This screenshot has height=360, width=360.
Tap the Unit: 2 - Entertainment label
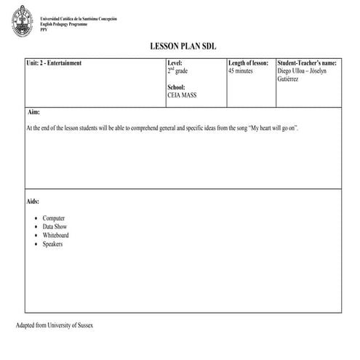click(x=52, y=63)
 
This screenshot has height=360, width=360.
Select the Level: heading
click(x=175, y=63)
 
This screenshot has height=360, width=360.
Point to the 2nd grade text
click(x=177, y=71)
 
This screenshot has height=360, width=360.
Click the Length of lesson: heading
click(x=249, y=63)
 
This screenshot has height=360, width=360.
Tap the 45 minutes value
click(x=241, y=71)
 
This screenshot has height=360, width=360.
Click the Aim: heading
click(x=33, y=113)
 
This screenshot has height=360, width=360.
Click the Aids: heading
click(x=33, y=201)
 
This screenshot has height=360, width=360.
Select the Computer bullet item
click(x=54, y=218)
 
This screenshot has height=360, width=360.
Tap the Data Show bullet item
click(x=55, y=227)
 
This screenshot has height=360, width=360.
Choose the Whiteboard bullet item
click(x=56, y=236)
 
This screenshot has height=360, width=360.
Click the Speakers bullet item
click(x=53, y=244)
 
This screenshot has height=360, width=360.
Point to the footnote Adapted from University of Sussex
click(x=55, y=324)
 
